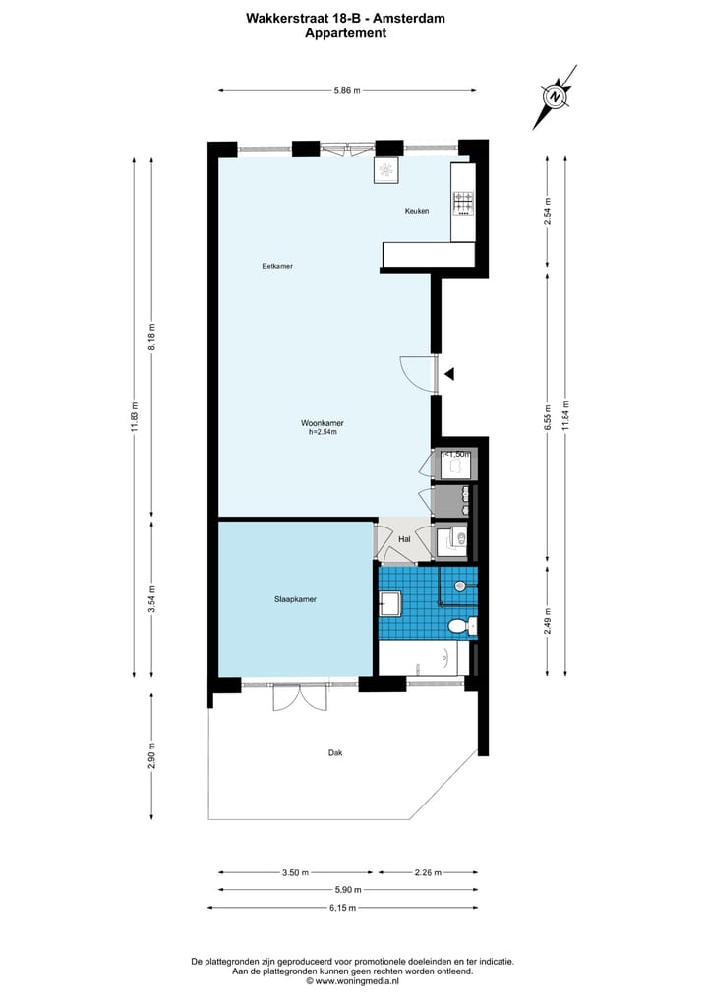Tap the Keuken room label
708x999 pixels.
tap(417, 211)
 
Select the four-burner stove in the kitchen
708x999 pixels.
tap(462, 203)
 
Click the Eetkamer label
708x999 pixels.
tap(277, 266)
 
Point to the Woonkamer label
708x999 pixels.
tap(323, 423)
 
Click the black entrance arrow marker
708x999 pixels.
tap(449, 373)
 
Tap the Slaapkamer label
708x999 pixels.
tap(295, 598)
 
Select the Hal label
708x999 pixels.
tap(404, 539)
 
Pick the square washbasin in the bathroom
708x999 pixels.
tap(390, 602)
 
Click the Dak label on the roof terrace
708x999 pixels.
tap(335, 753)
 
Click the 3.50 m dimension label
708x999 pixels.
tap(295, 872)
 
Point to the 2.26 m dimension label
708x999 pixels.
tap(428, 872)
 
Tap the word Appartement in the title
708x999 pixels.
tap(345, 33)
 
